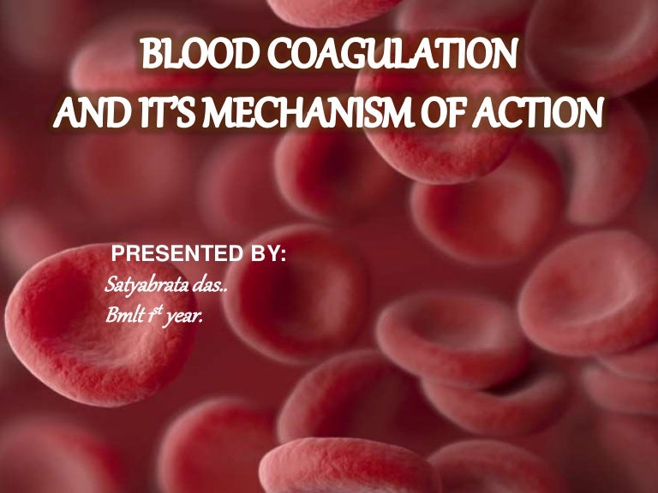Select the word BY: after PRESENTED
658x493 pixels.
(x=263, y=255)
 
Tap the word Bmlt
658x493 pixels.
(x=120, y=315)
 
